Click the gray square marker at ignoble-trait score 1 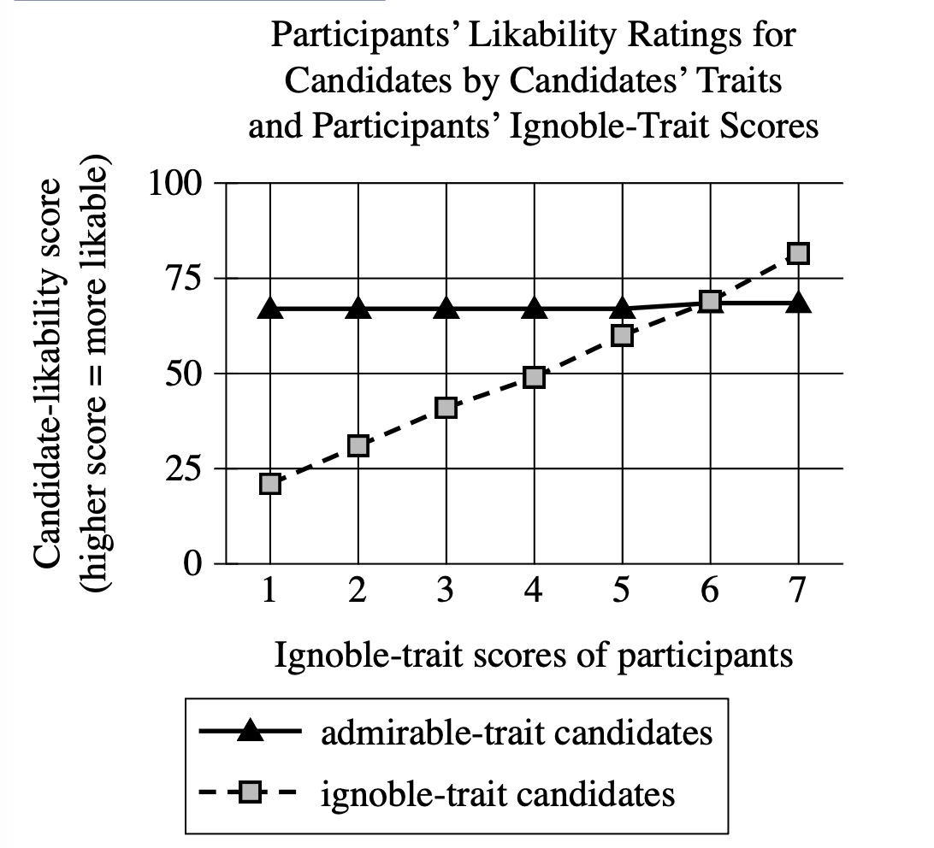pyautogui.click(x=270, y=484)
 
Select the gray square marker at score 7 pyautogui.click(x=798, y=253)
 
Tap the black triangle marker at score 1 pyautogui.click(x=270, y=308)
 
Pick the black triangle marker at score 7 pyautogui.click(x=798, y=303)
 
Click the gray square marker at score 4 pyautogui.click(x=534, y=377)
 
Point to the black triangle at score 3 pyautogui.click(x=446, y=308)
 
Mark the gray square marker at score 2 pyautogui.click(x=358, y=445)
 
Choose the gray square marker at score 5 pyautogui.click(x=623, y=335)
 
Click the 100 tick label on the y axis pyautogui.click(x=175, y=183)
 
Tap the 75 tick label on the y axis pyautogui.click(x=185, y=279)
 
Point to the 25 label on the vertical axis pyautogui.click(x=185, y=469)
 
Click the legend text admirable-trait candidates pyautogui.click(x=517, y=733)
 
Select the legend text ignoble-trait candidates pyautogui.click(x=498, y=794)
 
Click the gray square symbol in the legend pyautogui.click(x=249, y=793)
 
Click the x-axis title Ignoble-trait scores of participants pyautogui.click(x=534, y=656)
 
